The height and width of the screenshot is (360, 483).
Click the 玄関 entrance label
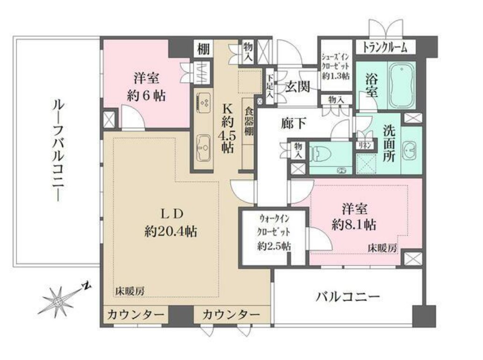click(298, 86)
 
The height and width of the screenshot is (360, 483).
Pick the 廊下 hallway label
click(294, 123)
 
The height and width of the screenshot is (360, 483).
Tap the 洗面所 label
click(389, 143)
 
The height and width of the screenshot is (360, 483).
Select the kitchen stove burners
click(204, 101)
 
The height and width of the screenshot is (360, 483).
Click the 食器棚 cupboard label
click(249, 122)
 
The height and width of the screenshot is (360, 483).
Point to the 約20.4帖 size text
click(170, 231)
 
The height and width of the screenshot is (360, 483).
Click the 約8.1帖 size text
click(354, 224)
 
